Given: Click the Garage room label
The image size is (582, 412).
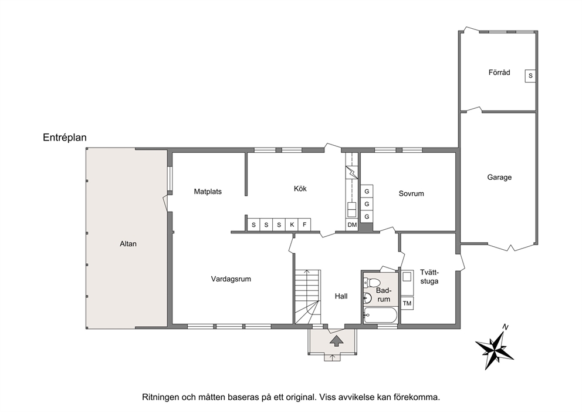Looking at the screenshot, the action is [x=499, y=177].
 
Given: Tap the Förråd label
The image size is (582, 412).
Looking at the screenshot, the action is [x=499, y=72].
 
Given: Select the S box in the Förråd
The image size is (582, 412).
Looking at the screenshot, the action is [x=530, y=76].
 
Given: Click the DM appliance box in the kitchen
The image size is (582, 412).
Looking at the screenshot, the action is [x=352, y=225].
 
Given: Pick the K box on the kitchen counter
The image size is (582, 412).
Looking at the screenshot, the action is [x=292, y=225].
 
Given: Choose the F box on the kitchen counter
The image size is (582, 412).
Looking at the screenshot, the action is [x=304, y=225].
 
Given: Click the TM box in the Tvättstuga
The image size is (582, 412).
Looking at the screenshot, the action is [x=407, y=303].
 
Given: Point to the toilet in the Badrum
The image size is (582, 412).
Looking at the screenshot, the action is [x=371, y=282].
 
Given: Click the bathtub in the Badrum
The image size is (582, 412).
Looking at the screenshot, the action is [x=380, y=316].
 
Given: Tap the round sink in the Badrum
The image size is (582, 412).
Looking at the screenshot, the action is [x=367, y=297].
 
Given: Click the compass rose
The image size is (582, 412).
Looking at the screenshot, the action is [x=495, y=347].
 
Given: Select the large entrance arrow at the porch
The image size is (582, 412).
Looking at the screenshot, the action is [x=336, y=341].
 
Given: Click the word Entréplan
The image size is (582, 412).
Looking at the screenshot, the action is [x=65, y=138].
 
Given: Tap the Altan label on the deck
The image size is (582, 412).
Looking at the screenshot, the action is [x=128, y=244].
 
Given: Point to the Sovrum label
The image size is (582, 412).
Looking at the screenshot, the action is [x=411, y=193].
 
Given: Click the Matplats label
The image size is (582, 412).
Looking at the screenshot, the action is [x=208, y=192].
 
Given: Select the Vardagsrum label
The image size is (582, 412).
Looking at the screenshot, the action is [x=231, y=279].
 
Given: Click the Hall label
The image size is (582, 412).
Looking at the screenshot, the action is [x=341, y=296].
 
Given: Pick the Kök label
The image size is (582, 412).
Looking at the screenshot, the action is [x=300, y=189].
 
